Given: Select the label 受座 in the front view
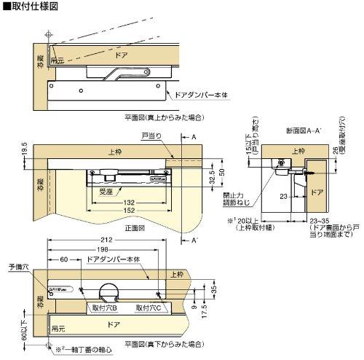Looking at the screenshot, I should click(106, 192).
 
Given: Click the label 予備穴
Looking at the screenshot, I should click(17, 267).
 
